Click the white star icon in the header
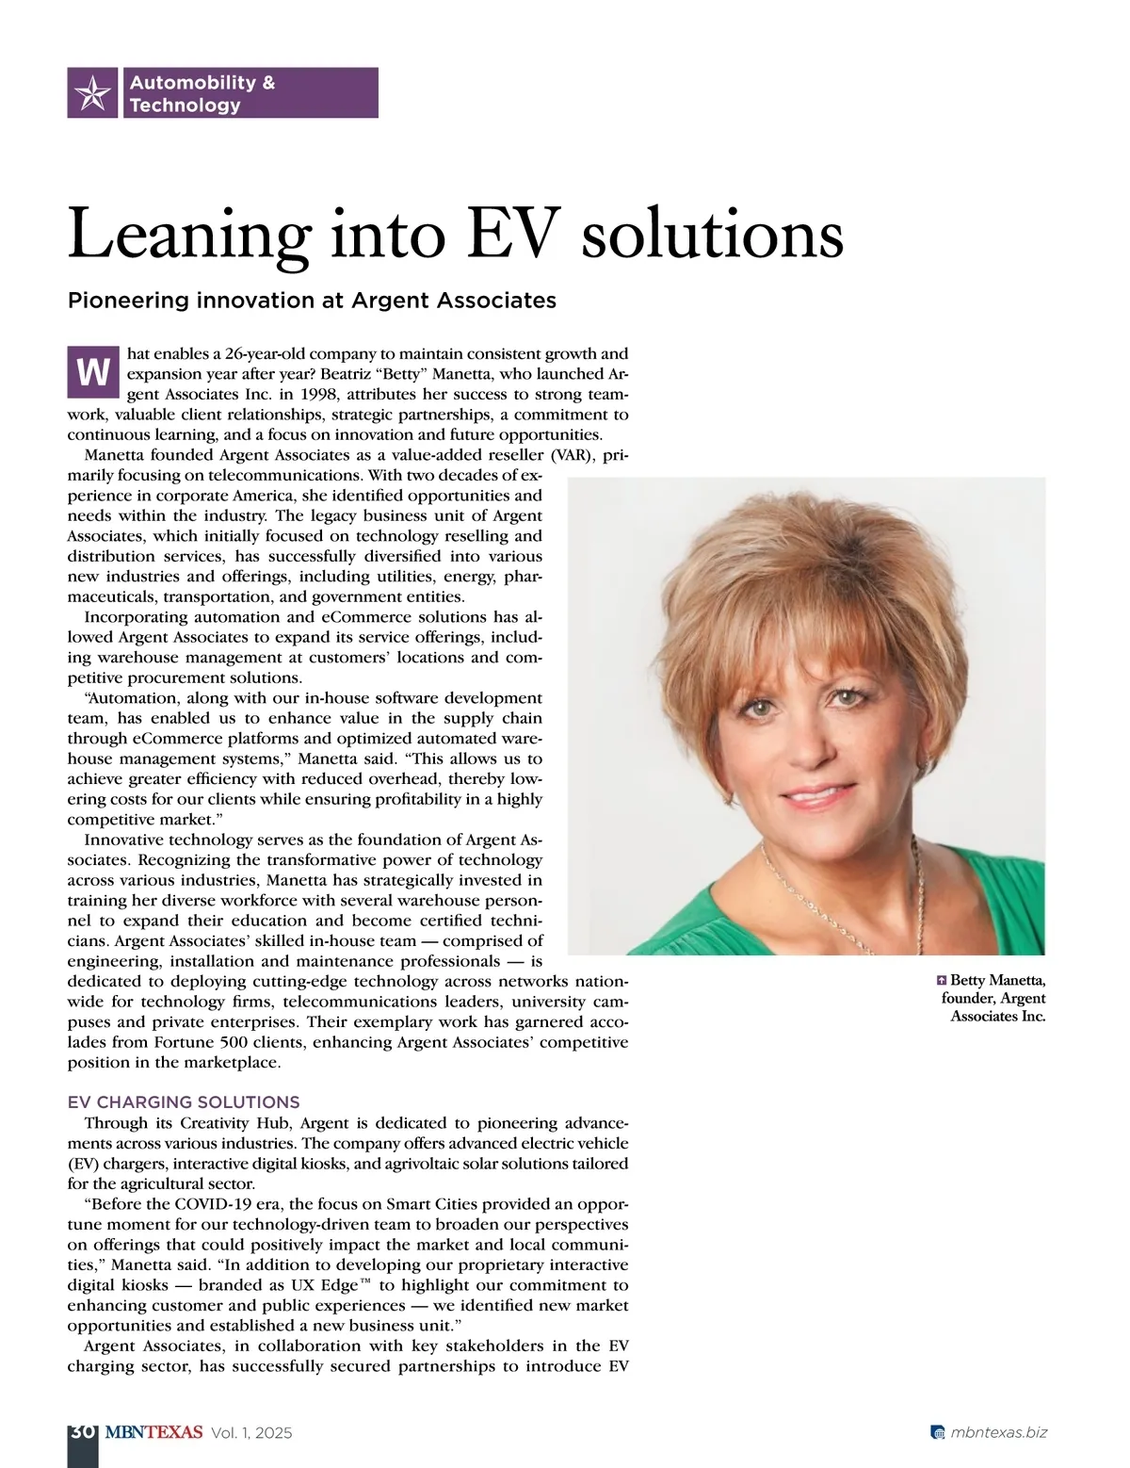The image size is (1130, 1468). pyautogui.click(x=92, y=92)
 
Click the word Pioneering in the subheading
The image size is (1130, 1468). pyautogui.click(x=129, y=301)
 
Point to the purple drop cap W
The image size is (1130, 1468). pyautogui.click(x=92, y=374)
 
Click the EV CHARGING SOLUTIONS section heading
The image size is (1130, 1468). pyautogui.click(x=184, y=1101)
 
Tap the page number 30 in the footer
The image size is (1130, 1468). pyautogui.click(x=82, y=1432)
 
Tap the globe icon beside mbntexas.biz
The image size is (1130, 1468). pyautogui.click(x=937, y=1433)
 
